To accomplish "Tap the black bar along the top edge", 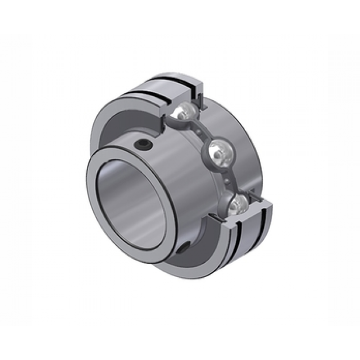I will (180, 17).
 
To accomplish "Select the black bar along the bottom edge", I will (180, 343).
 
